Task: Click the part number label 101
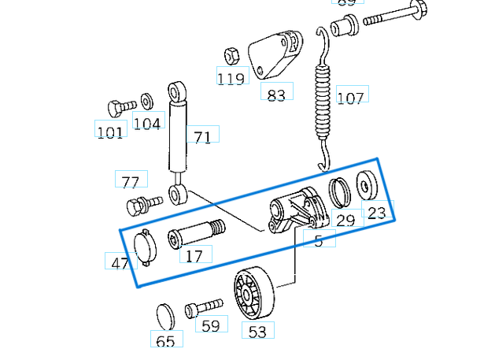tap(109, 132)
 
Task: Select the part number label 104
tap(146, 123)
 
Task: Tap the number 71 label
tap(202, 137)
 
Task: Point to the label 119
tap(231, 78)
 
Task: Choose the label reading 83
tap(276, 95)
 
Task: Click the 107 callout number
tap(351, 98)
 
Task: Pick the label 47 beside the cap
tap(120, 263)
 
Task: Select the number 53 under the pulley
tap(257, 332)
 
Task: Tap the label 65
tap(166, 341)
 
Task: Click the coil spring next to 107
tap(322, 98)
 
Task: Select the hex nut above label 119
tap(232, 56)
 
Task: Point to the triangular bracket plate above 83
tap(275, 55)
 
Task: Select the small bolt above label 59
tap(203, 308)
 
